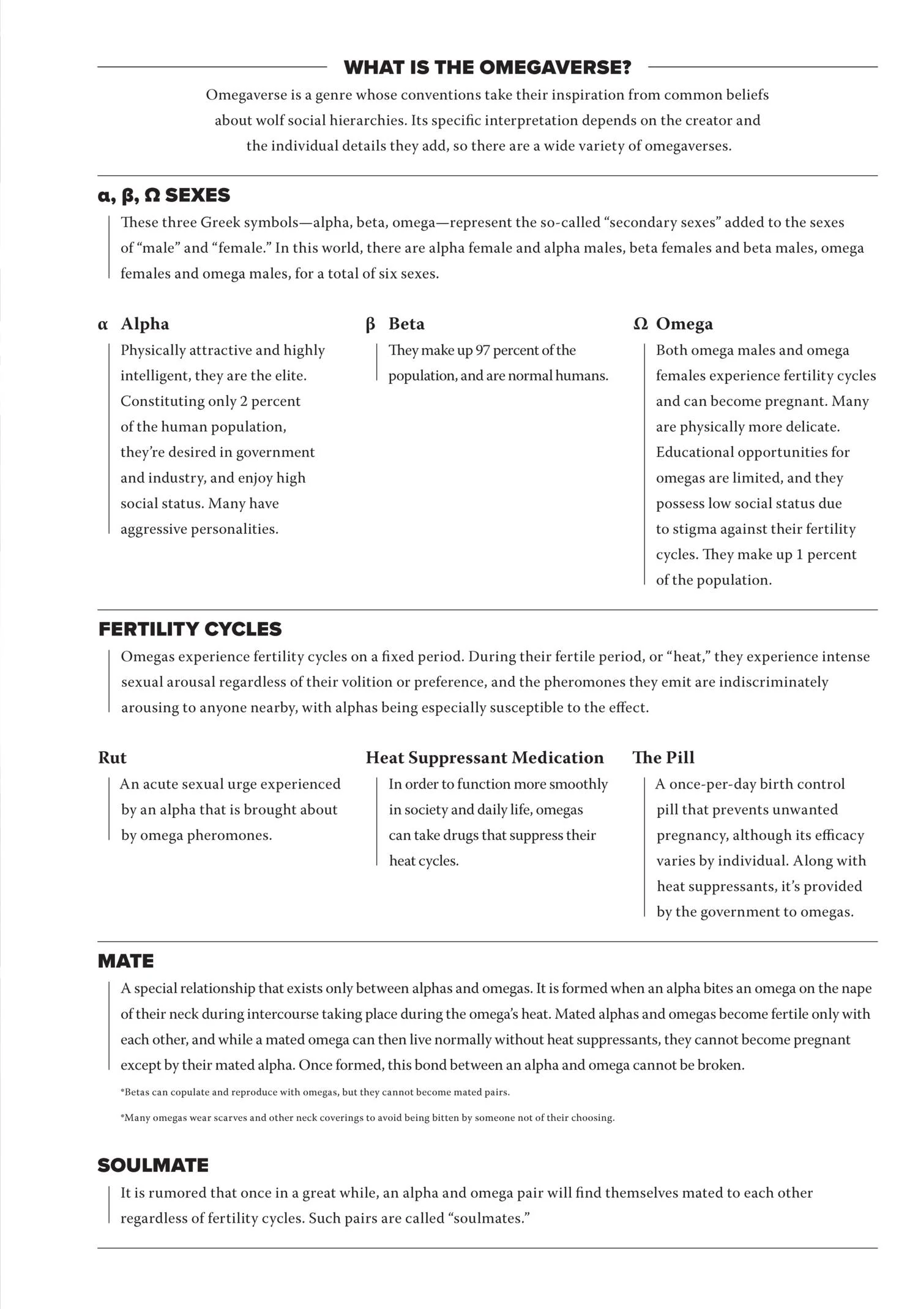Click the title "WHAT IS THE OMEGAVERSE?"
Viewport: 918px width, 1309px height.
tap(487, 67)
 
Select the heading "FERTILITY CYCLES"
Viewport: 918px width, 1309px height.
tap(190, 629)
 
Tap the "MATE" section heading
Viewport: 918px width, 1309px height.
tap(125, 961)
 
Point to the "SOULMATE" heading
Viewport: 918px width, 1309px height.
tap(153, 1165)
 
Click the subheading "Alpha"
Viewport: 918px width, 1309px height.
tap(145, 324)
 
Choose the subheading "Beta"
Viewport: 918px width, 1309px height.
tap(406, 324)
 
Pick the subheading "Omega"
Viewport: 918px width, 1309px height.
tap(684, 324)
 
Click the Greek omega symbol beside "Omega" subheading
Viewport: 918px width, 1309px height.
tap(640, 324)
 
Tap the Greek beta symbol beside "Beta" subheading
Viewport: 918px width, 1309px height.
tap(370, 324)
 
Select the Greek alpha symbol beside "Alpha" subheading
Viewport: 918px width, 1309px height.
tap(103, 324)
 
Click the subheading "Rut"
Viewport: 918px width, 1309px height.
tap(112, 758)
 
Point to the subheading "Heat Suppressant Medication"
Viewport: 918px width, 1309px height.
tap(485, 758)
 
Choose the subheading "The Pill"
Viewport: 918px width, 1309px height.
tap(663, 758)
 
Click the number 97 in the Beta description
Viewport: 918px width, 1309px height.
tap(482, 350)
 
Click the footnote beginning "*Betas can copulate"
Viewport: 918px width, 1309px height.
tap(315, 1092)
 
